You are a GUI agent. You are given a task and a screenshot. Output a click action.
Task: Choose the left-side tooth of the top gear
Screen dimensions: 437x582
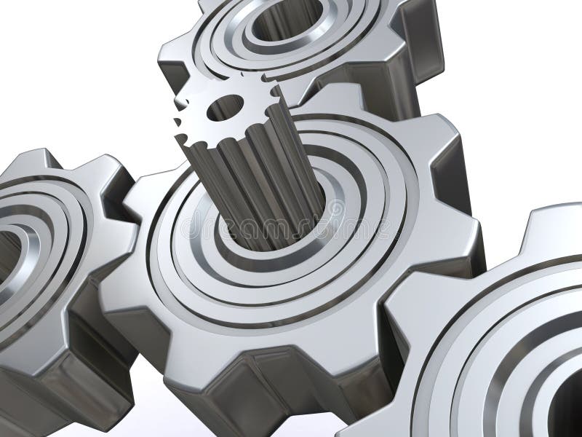175,62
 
